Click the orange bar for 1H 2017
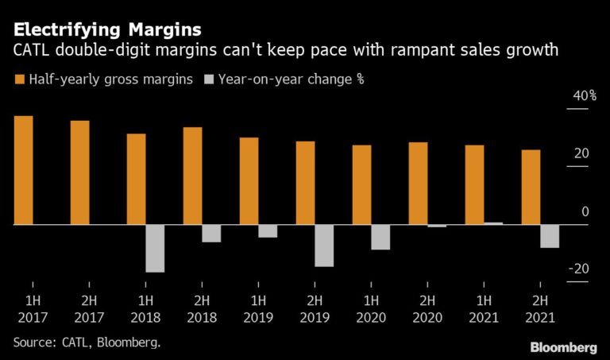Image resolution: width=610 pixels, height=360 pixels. pos(24,170)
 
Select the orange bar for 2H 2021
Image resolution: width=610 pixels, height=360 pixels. pos(531,187)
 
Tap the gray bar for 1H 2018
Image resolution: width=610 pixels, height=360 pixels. pos(155,248)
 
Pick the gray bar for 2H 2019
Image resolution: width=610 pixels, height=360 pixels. pos(324,246)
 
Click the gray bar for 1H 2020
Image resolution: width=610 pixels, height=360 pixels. pos(380,237)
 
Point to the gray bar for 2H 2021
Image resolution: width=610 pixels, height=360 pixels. pos(550,236)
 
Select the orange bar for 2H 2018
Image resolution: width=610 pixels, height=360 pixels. pos(193,176)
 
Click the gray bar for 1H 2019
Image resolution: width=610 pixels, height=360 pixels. pos(268,231)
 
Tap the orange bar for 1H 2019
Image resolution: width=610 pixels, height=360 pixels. pos(249,181)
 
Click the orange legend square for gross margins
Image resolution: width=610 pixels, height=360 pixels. pos(18,79)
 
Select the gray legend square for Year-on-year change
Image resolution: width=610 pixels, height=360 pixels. pos(209,79)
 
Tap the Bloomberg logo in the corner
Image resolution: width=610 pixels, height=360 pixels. pos(564,347)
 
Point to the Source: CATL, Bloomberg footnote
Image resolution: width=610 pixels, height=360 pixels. pos(87,342)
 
